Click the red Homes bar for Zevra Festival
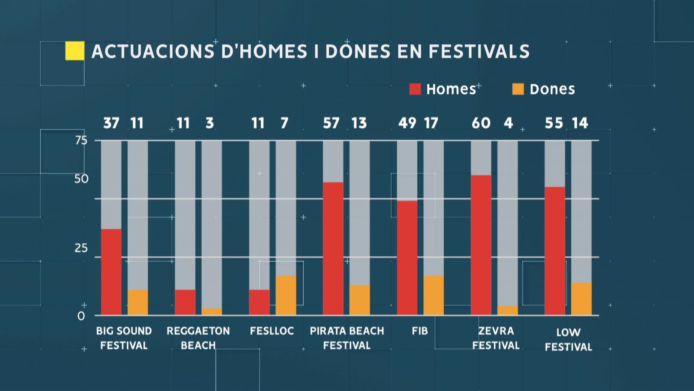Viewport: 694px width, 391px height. (x=481, y=245)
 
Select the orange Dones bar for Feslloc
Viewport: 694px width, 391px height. (x=285, y=295)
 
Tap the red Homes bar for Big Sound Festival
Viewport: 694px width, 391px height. (x=111, y=272)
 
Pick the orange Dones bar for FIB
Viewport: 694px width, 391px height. (x=433, y=295)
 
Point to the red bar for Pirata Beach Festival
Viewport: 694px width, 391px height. (x=333, y=249)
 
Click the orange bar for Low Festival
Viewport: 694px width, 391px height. (x=581, y=298)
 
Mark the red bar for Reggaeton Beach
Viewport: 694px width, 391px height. (x=185, y=302)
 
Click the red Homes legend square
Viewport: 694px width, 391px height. (x=415, y=89)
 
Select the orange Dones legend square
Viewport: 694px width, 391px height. (x=518, y=89)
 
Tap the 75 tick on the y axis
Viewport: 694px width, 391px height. (x=81, y=140)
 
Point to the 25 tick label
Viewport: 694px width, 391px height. (x=81, y=248)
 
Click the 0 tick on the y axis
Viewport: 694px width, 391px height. (x=81, y=316)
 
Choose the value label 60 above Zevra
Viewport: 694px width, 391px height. (x=481, y=123)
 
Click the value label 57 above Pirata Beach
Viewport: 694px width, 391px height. (x=331, y=123)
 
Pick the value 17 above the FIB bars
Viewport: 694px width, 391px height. (x=431, y=123)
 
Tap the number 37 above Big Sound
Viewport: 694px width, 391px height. (x=111, y=123)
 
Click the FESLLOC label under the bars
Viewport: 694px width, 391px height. (x=272, y=331)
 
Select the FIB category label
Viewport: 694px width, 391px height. (x=420, y=331)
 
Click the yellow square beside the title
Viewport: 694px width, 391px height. (x=75, y=51)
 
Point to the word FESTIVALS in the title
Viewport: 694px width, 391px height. (x=479, y=51)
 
